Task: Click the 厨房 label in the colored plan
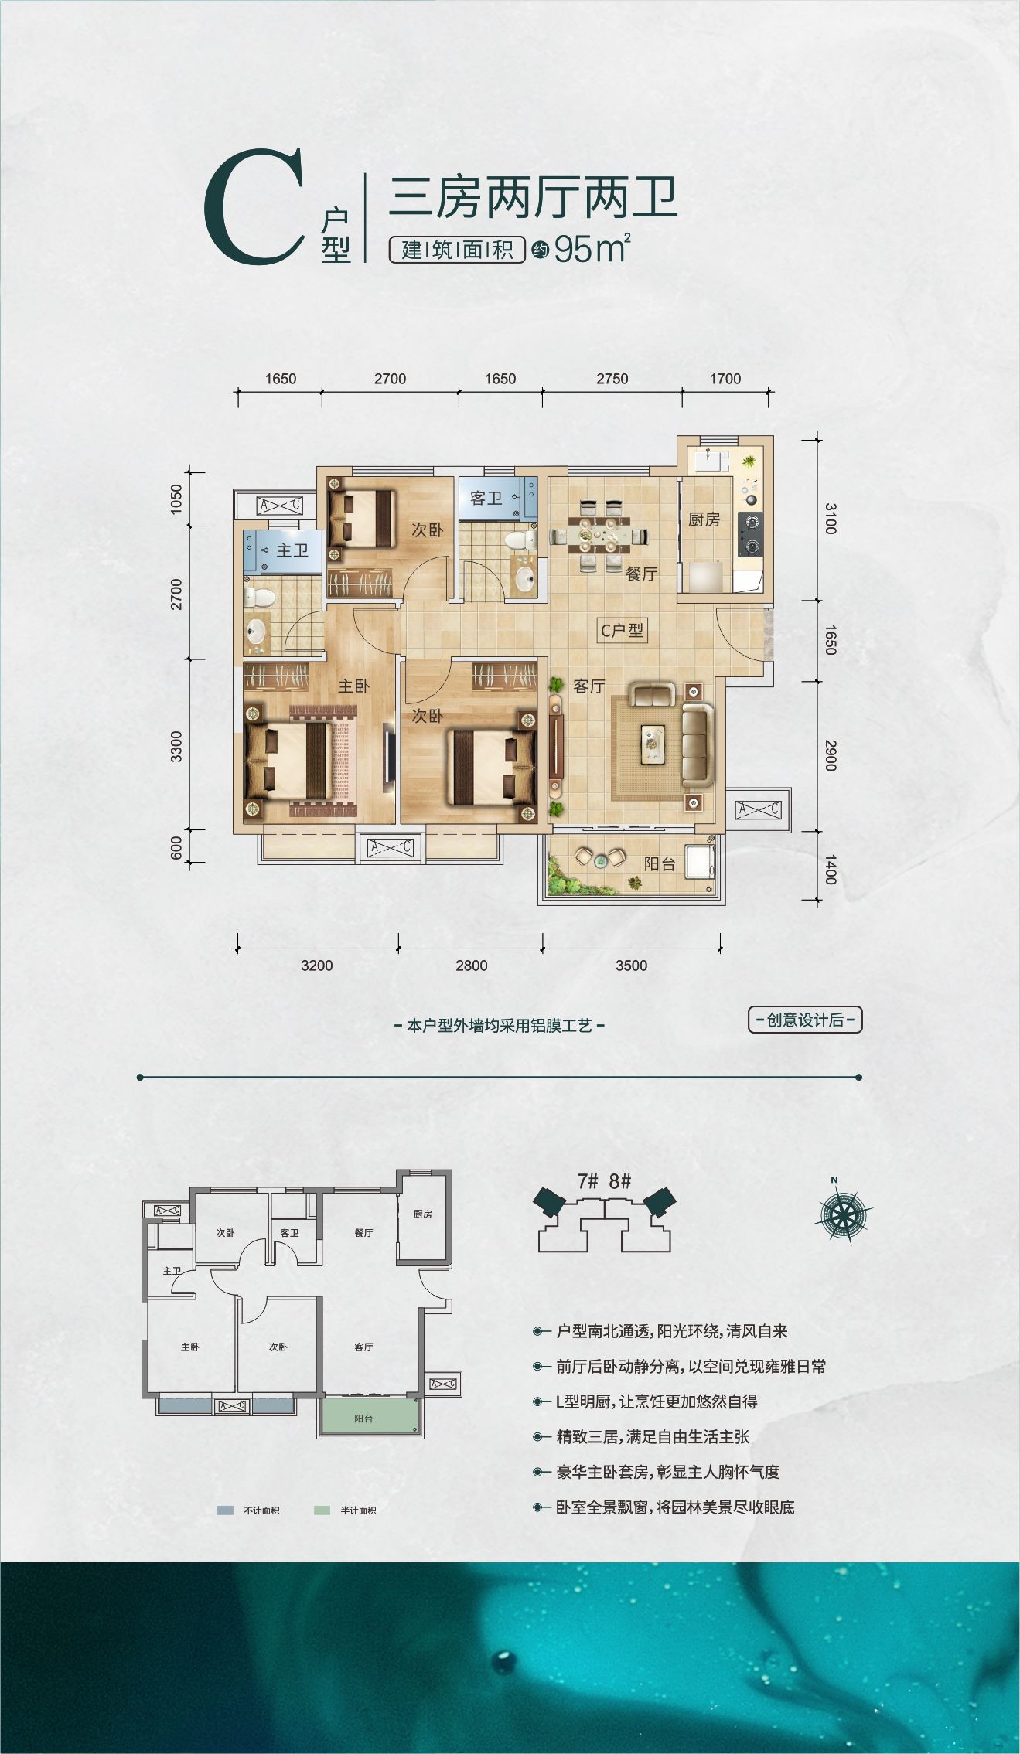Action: (x=704, y=519)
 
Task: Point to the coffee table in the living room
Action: (x=653, y=744)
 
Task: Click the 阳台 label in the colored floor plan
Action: (x=660, y=864)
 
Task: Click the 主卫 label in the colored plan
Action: (x=292, y=550)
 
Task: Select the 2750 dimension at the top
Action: (x=612, y=379)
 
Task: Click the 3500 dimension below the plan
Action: (x=631, y=966)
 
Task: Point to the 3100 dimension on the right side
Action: (x=830, y=518)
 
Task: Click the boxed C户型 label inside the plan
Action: (x=622, y=630)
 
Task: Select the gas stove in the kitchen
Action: (x=749, y=534)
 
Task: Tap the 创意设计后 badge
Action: (x=804, y=1020)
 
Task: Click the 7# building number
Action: (x=588, y=1181)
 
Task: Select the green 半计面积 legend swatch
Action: (x=322, y=1510)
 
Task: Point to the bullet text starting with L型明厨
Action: (x=657, y=1401)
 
